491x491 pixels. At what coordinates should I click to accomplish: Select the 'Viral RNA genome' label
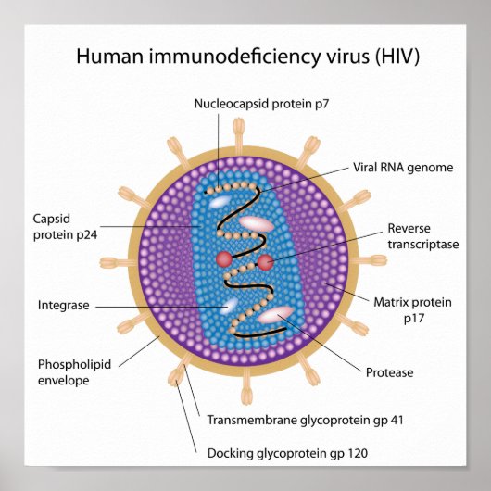pyautogui.click(x=403, y=168)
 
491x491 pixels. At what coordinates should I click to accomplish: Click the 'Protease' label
pyautogui.click(x=390, y=372)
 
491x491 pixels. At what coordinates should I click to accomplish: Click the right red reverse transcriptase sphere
pyautogui.click(x=265, y=263)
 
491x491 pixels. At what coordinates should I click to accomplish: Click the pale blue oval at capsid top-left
pyautogui.click(x=220, y=200)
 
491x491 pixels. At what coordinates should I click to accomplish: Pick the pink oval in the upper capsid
pyautogui.click(x=257, y=223)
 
